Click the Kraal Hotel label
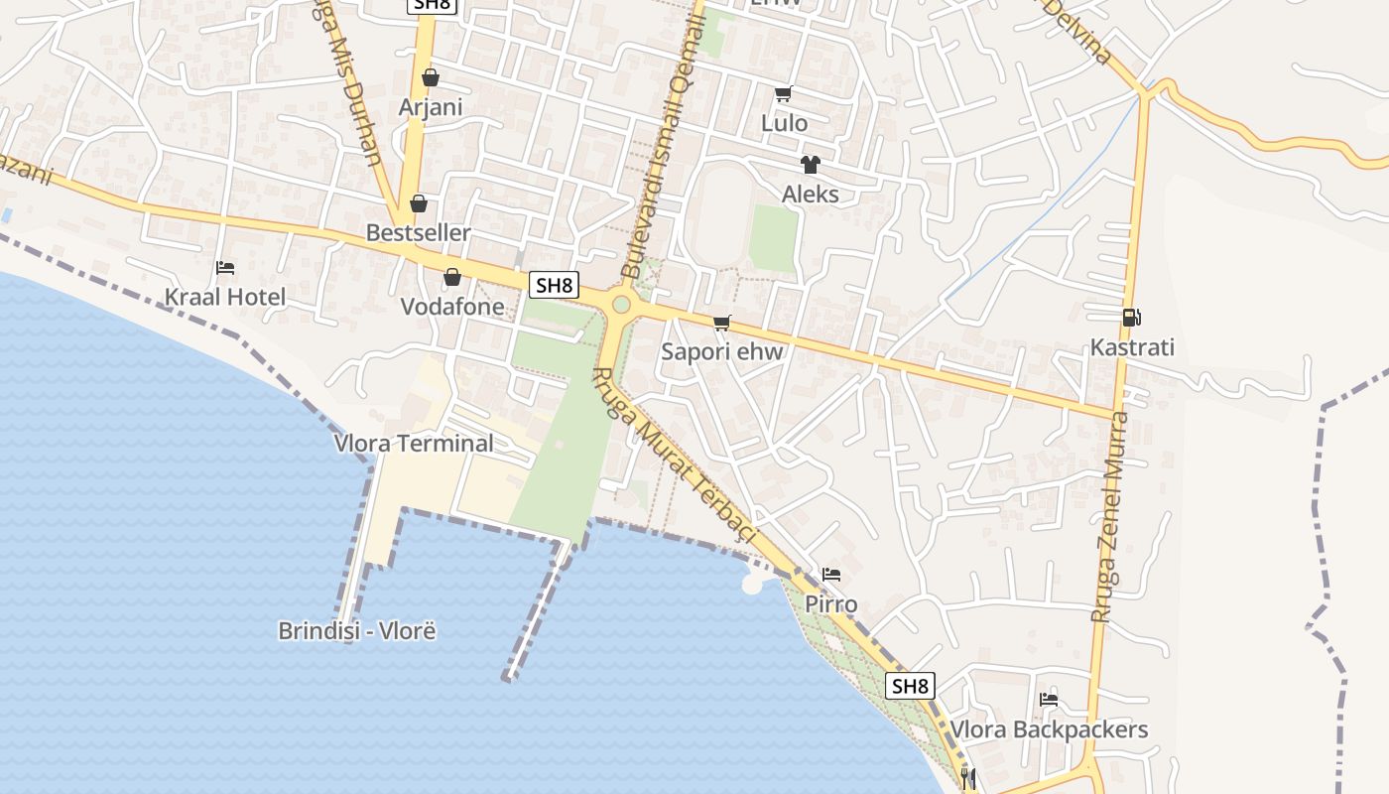(x=224, y=297)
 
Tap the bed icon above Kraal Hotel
(x=225, y=268)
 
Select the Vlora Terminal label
(x=414, y=443)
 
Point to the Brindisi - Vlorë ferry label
(x=357, y=630)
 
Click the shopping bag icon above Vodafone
(x=452, y=277)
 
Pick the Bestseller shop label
(x=419, y=232)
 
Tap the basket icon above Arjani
(x=431, y=77)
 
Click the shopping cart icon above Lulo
(x=784, y=94)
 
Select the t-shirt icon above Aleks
(x=811, y=165)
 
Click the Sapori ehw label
(x=722, y=351)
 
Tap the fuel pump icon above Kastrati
(x=1131, y=318)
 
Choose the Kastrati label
(x=1132, y=347)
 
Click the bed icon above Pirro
(x=831, y=575)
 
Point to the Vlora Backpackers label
(x=1049, y=729)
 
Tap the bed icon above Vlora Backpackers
(x=1049, y=700)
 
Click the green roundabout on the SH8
(x=621, y=304)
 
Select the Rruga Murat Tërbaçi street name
(x=675, y=457)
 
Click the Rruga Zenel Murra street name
(x=1109, y=516)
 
